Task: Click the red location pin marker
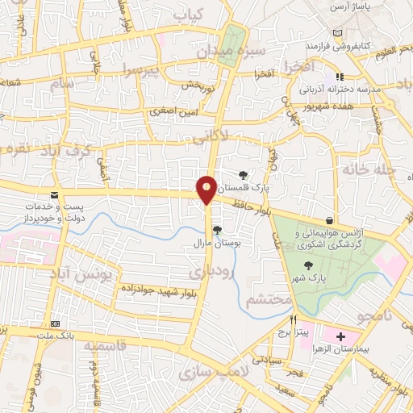coord(207,190)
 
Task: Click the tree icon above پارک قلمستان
coord(244,174)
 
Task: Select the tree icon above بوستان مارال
coord(216,229)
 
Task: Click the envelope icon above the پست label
coord(54,195)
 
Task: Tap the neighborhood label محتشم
coord(266,299)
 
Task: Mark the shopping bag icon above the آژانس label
coord(329,220)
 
